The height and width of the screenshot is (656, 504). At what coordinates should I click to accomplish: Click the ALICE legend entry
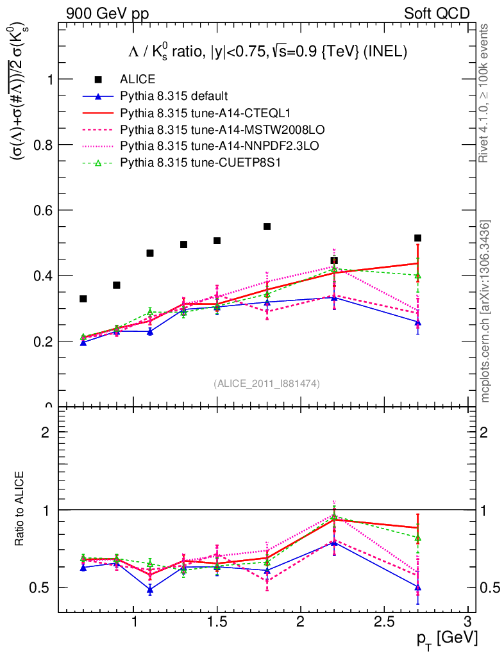coord(137,79)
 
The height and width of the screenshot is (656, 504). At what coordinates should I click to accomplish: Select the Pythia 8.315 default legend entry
coord(174,96)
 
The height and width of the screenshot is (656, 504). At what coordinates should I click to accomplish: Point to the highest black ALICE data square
coord(267,226)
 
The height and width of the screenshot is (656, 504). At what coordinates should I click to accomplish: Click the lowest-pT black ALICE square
coord(83,299)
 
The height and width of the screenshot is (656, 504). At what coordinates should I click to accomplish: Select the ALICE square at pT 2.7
coord(417,238)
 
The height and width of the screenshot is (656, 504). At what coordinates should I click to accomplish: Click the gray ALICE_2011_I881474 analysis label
coord(267,383)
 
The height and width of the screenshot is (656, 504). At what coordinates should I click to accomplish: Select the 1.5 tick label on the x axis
coord(217,622)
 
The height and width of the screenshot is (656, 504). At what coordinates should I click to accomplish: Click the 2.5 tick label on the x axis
coord(383,622)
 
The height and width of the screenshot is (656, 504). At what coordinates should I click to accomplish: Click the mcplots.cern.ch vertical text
coord(485,311)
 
